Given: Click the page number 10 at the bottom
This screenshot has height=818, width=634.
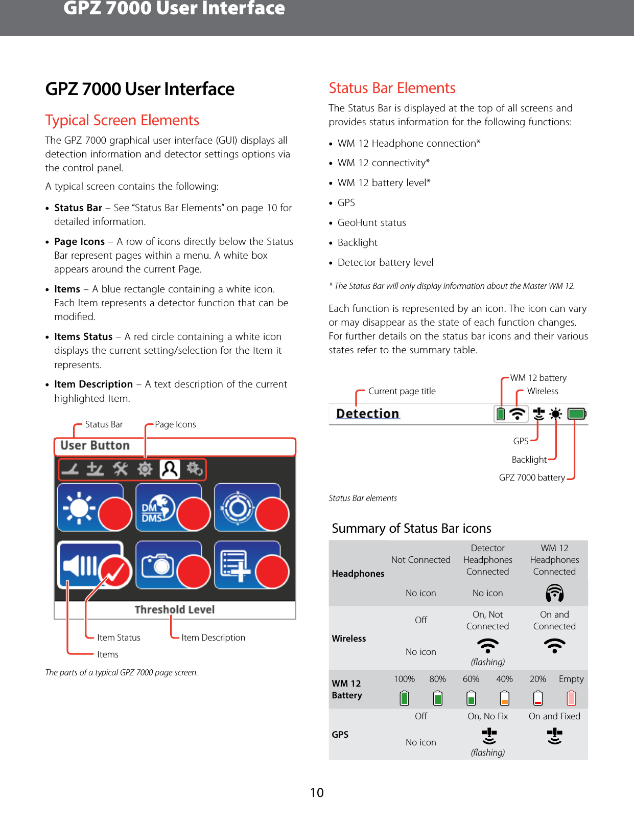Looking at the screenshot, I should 317,792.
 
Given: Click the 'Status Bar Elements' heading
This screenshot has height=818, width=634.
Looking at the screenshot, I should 392,88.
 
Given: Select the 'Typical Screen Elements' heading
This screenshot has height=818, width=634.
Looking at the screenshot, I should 122,120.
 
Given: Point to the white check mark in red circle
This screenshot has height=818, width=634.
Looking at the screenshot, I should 116,571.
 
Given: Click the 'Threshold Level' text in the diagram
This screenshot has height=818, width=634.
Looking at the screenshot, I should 174,609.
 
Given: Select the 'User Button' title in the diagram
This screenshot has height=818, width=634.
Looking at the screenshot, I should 95,445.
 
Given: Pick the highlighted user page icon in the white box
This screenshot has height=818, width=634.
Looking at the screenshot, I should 170,469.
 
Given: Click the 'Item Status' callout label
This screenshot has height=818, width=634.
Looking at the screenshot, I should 119,638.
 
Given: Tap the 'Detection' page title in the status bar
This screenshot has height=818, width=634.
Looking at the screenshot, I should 367,414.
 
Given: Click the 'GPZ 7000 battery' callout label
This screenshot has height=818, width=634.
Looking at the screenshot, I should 532,478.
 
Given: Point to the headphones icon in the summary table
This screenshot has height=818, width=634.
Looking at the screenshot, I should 554,593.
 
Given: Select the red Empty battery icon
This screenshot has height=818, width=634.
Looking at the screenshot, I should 571,698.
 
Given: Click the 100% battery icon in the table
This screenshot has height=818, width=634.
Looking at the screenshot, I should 404,698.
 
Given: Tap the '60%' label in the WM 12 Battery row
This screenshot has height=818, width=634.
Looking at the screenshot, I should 471,679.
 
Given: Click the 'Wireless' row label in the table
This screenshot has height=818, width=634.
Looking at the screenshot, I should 349,639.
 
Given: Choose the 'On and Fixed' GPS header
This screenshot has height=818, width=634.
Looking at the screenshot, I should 554,716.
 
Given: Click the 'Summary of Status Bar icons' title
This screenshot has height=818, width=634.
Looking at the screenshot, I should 411,528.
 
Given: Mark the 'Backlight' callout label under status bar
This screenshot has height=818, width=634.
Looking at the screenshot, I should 529,460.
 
